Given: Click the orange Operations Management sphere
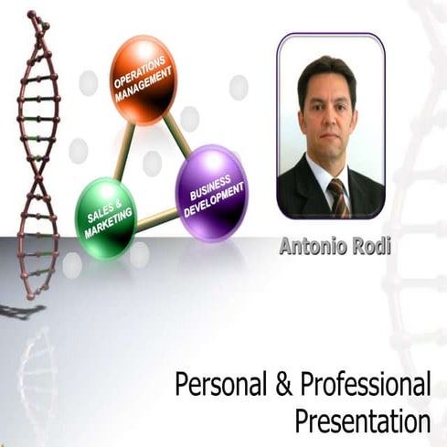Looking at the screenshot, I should coord(143,80).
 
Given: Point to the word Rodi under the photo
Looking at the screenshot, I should coord(359,247).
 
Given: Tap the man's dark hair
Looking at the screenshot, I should coord(327,71).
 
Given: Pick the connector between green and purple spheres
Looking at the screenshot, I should coord(156,216).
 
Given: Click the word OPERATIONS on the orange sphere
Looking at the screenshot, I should coord(136,73).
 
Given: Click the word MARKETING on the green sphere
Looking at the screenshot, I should coord(109,221).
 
